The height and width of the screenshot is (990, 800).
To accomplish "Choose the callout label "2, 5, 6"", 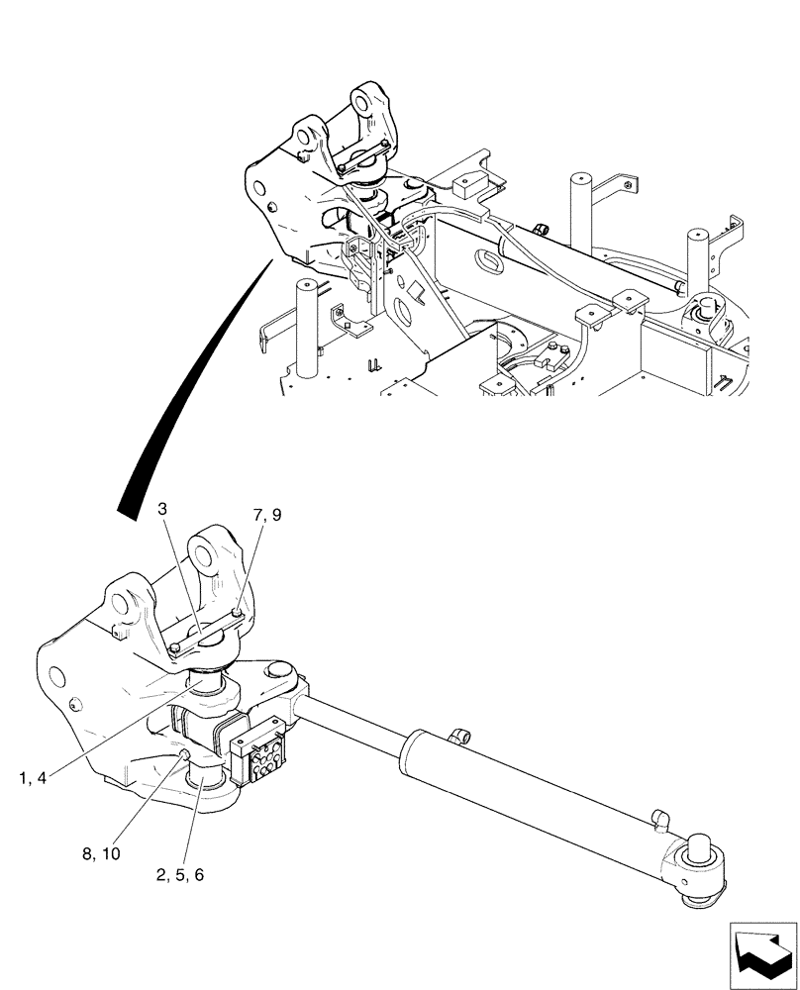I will point(179,874).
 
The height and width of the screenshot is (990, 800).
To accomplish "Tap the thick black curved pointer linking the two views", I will point(188,386).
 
